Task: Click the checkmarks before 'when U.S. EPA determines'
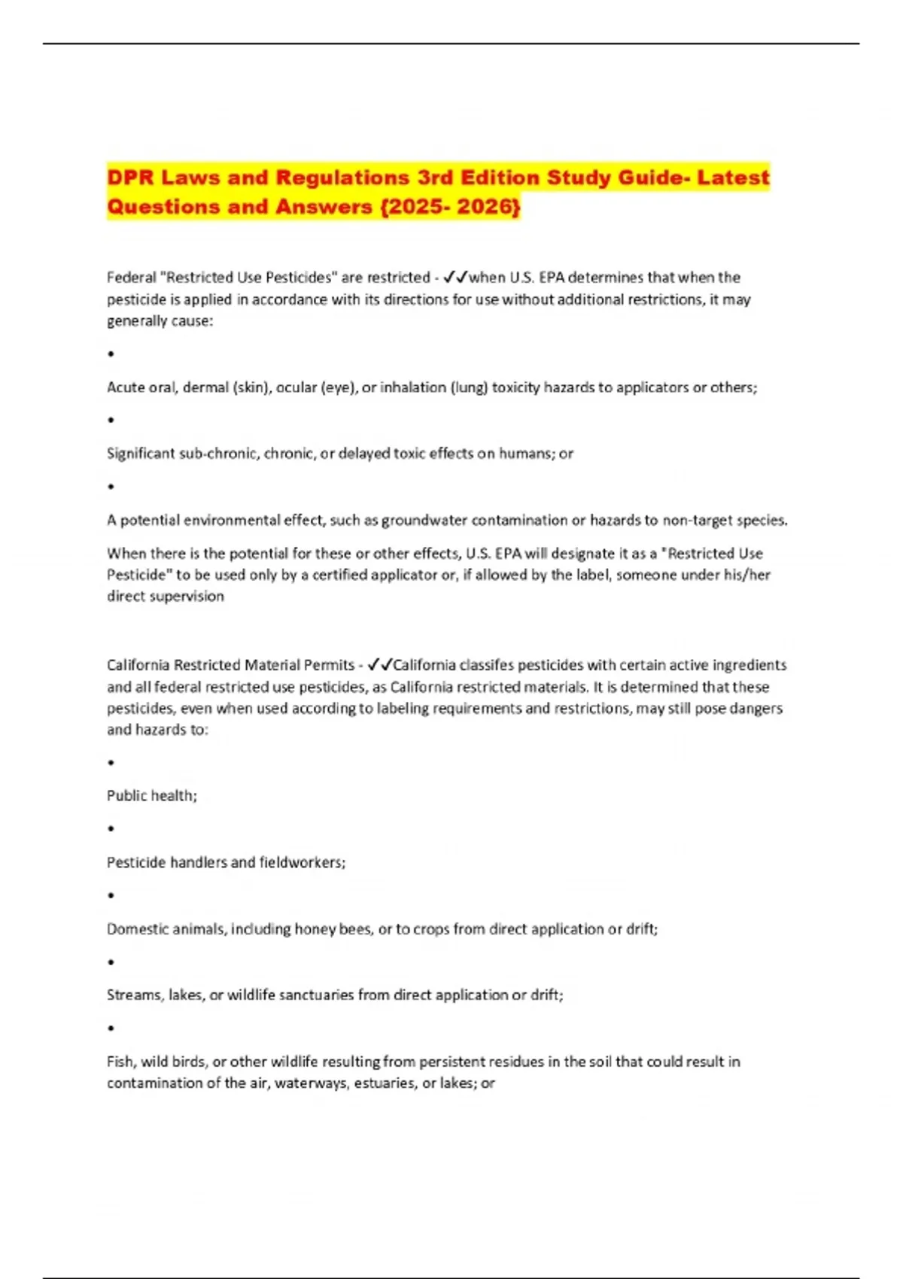pyautogui.click(x=456, y=277)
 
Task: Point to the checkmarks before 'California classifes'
pyautogui.click(x=380, y=665)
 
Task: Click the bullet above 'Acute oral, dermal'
pyautogui.click(x=111, y=354)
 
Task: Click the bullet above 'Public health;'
pyautogui.click(x=111, y=763)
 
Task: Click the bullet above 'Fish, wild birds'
pyautogui.click(x=111, y=1028)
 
